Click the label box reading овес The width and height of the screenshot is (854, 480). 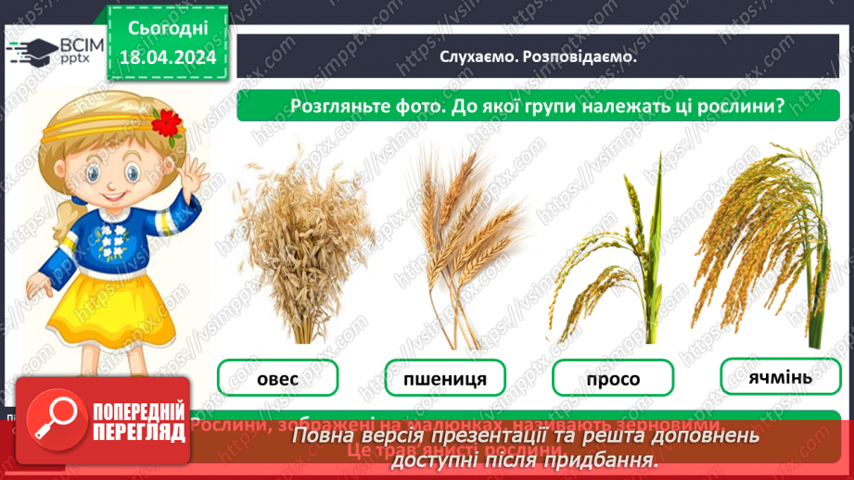pos(277,378)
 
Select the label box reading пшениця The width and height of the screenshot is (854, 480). pos(446,378)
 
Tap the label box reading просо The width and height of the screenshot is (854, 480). pos(613,379)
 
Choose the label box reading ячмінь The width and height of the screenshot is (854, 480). pos(780,376)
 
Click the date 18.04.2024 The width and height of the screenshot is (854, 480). pos(168,58)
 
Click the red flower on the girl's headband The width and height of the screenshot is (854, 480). pos(167,121)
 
